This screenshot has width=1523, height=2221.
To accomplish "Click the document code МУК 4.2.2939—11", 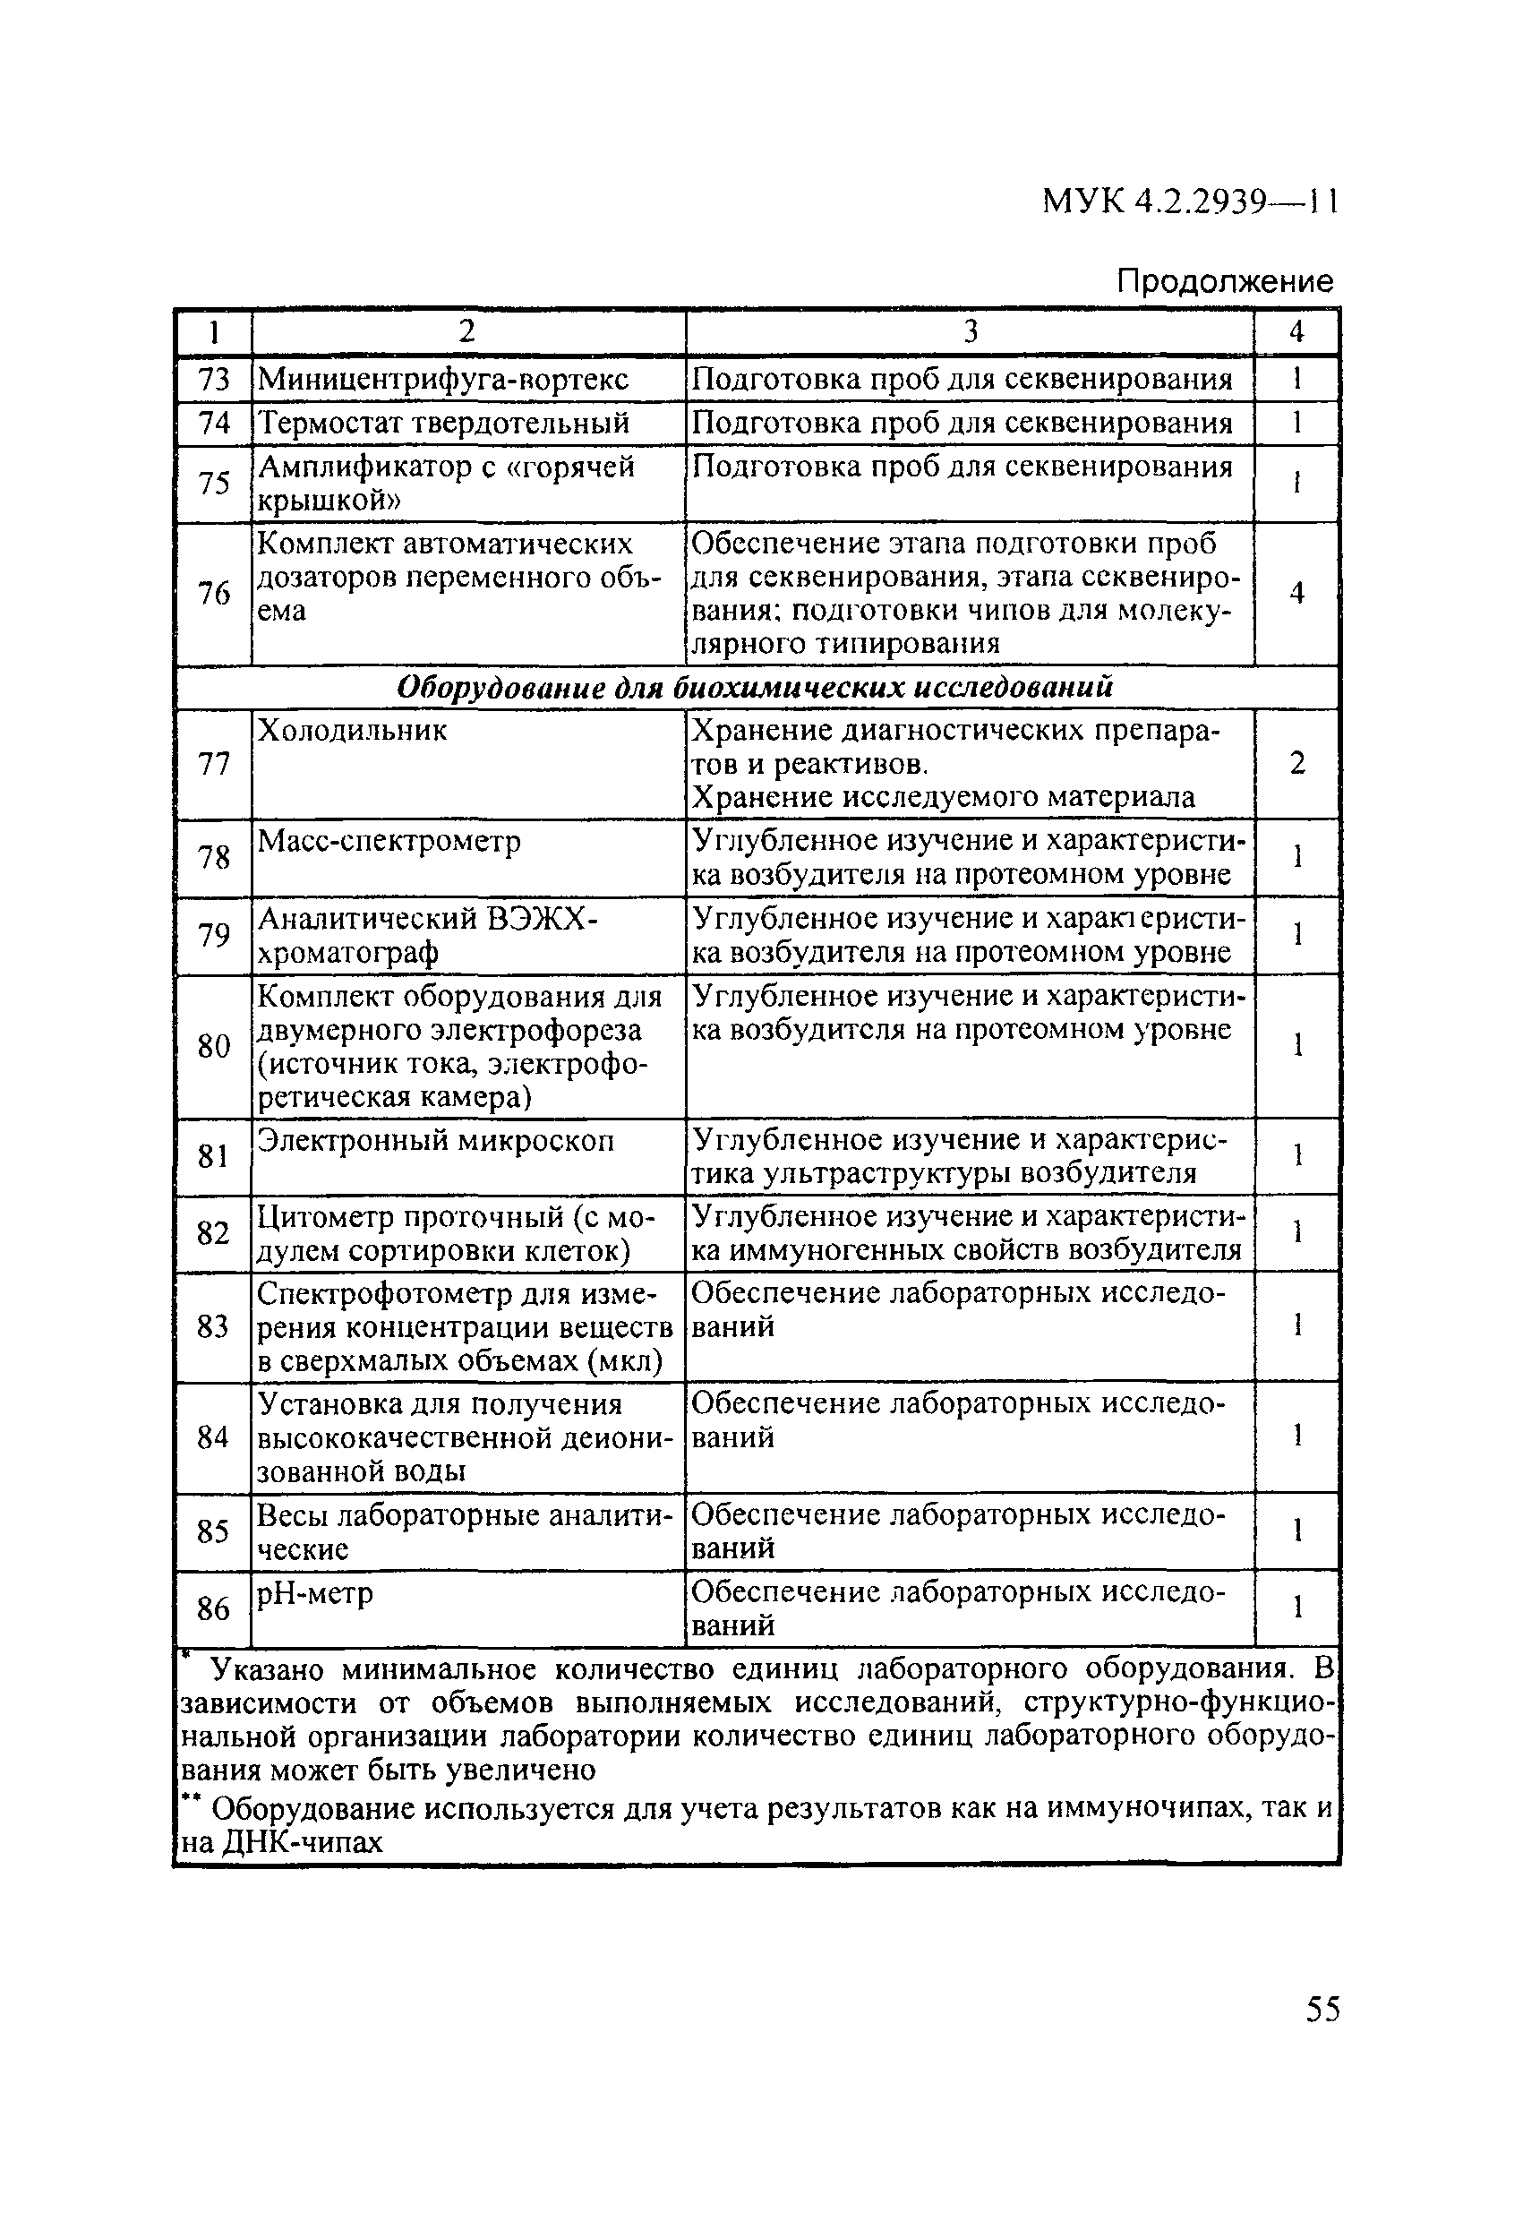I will pyautogui.click(x=1190, y=202).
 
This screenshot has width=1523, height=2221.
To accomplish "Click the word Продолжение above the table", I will pyautogui.click(x=1224, y=281).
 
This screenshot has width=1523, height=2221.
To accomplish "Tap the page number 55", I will pyautogui.click(x=1322, y=2009).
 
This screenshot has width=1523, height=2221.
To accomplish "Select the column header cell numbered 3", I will pyautogui.click(x=970, y=331).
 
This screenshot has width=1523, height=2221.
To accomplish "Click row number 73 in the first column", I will pyautogui.click(x=214, y=380).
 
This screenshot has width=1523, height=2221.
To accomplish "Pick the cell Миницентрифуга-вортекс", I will pyautogui.click(x=443, y=380).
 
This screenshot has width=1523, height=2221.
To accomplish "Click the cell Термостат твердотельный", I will pyautogui.click(x=444, y=423).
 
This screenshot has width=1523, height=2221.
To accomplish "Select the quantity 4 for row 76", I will pyautogui.click(x=1296, y=594).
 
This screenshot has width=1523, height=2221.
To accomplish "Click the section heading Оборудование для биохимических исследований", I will pyautogui.click(x=755, y=687).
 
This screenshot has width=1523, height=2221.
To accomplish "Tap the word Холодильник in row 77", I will pyautogui.click(x=353, y=731).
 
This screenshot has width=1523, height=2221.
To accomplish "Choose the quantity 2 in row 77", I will pyautogui.click(x=1296, y=764).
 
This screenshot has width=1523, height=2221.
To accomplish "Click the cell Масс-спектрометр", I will pyautogui.click(x=389, y=841).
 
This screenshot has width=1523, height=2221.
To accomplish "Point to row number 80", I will pyautogui.click(x=214, y=1047).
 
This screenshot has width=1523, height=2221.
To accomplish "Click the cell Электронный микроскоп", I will pyautogui.click(x=437, y=1140).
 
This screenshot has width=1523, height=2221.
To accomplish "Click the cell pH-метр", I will pyautogui.click(x=315, y=1593).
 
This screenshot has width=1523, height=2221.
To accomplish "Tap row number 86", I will pyautogui.click(x=214, y=1609).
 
